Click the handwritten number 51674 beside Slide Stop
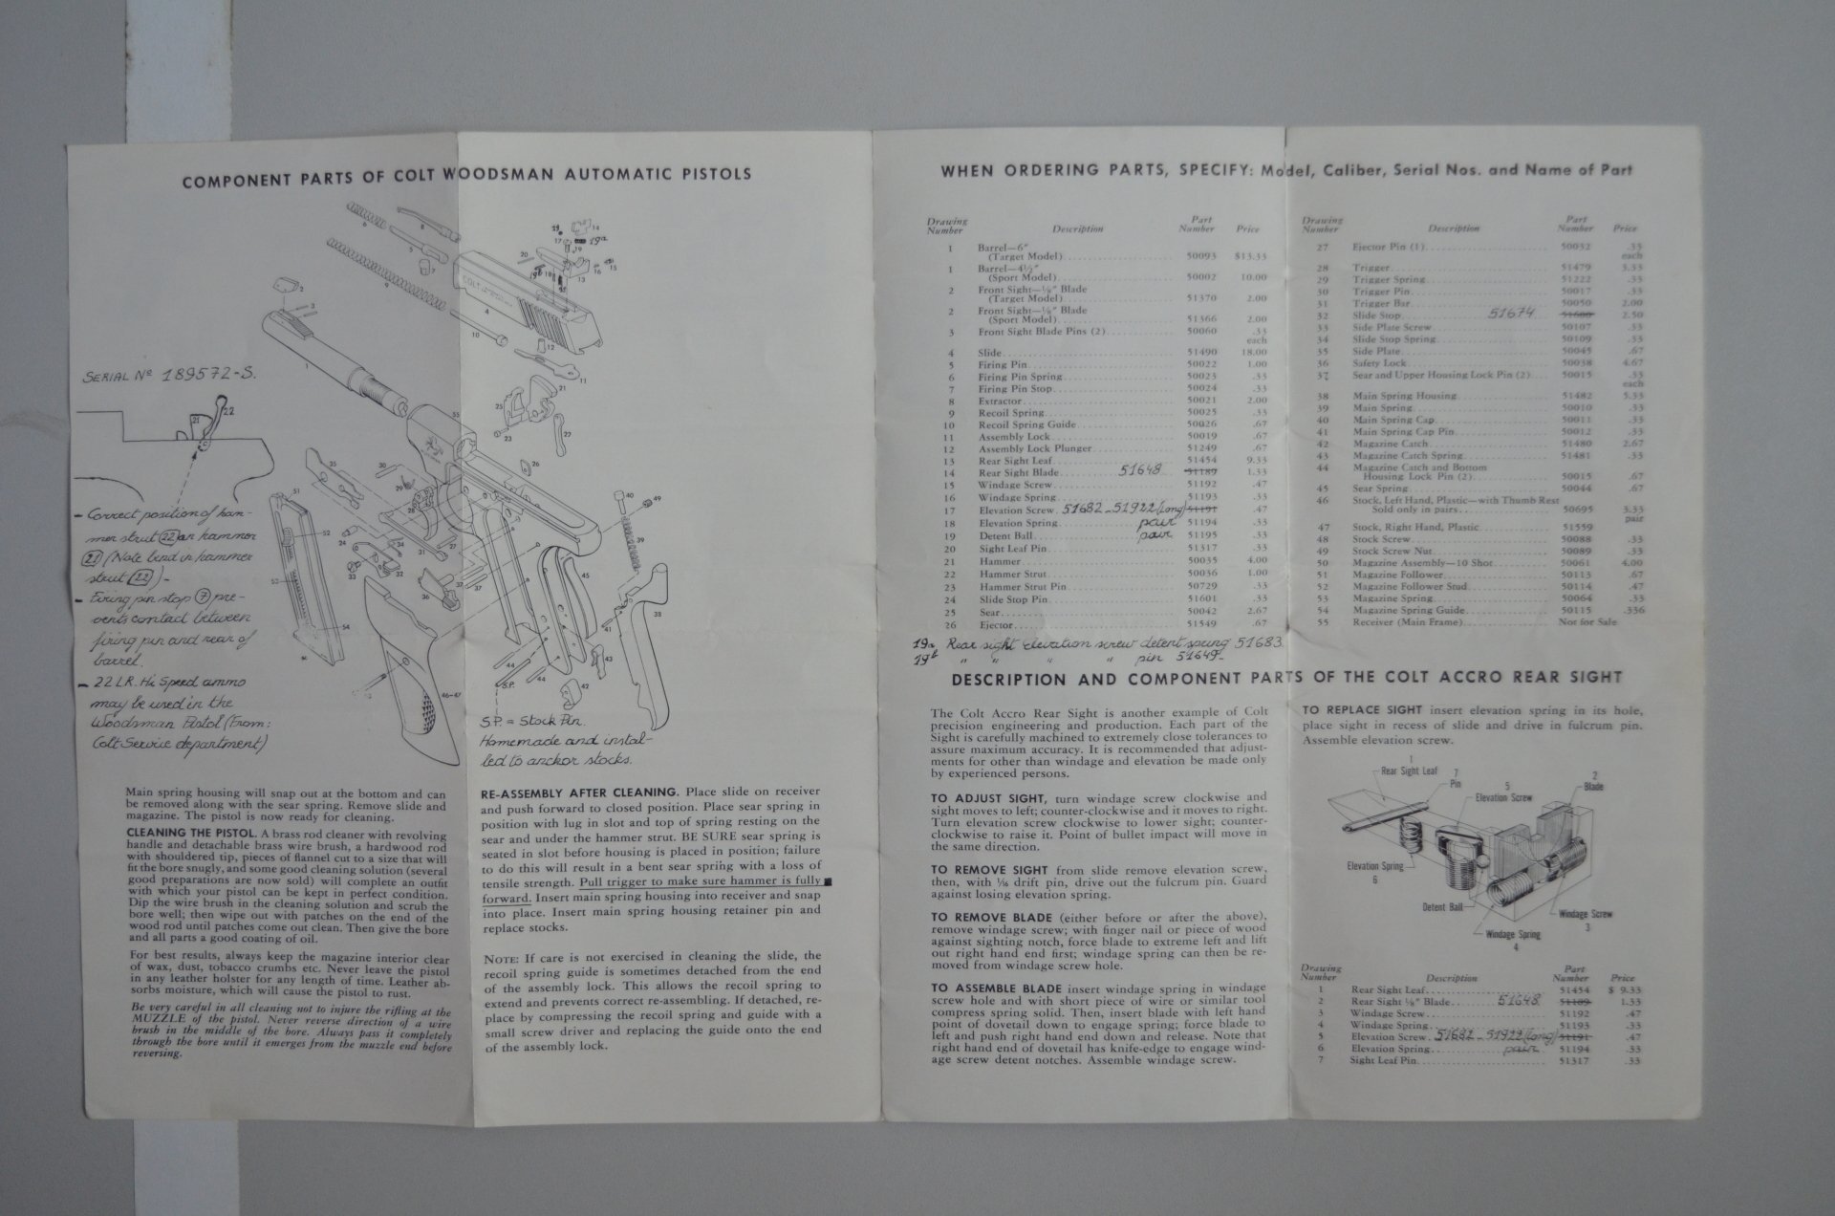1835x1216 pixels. [1511, 313]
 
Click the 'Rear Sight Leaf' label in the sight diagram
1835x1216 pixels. [1408, 770]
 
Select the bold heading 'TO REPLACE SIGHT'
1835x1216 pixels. [1361, 710]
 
